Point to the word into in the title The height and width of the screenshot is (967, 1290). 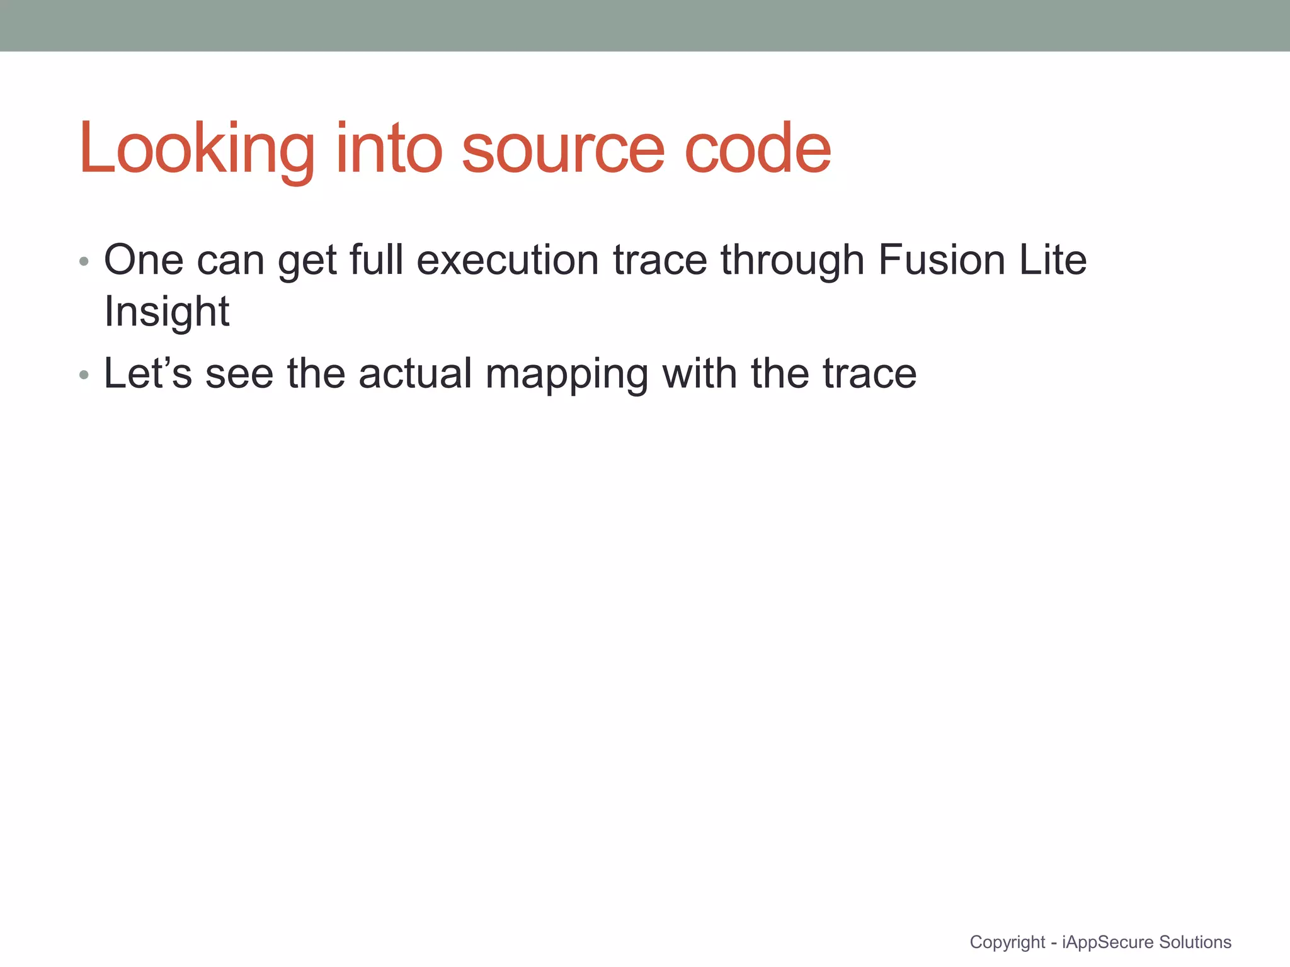pyautogui.click(x=389, y=149)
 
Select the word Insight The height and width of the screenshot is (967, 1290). pyautogui.click(x=167, y=312)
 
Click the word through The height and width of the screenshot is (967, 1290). pyautogui.click(x=792, y=261)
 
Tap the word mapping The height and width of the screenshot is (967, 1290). pyautogui.click(x=566, y=375)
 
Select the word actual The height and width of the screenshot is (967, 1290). pyautogui.click(x=415, y=373)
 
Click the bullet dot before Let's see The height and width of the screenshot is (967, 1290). pyautogui.click(x=84, y=376)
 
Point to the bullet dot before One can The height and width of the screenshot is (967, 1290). pyautogui.click(x=84, y=261)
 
